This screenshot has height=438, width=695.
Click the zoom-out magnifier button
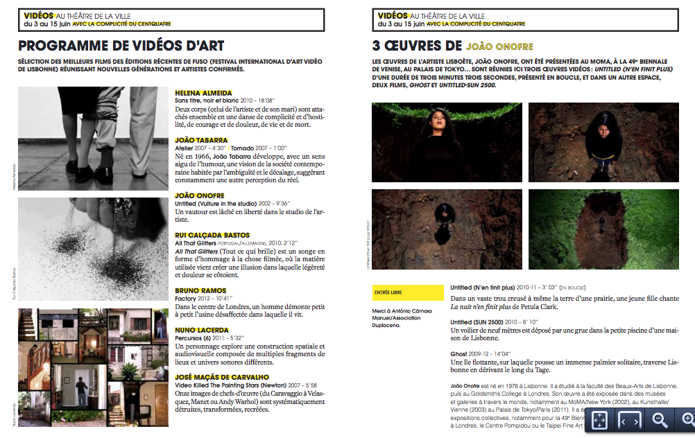coord(660,419)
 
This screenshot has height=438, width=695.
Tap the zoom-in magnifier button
coord(687,419)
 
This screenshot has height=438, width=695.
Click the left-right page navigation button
coord(630,420)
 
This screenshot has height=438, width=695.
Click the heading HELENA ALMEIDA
coord(203,93)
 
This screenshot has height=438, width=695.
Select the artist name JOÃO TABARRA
coord(201,140)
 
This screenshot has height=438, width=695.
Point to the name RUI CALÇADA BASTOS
coord(212,236)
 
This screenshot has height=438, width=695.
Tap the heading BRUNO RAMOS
coord(200,290)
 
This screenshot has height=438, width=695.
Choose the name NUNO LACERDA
coord(201,331)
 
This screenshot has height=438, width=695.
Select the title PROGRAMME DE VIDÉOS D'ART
coord(121,46)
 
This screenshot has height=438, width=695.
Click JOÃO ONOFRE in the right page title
coord(500,47)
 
